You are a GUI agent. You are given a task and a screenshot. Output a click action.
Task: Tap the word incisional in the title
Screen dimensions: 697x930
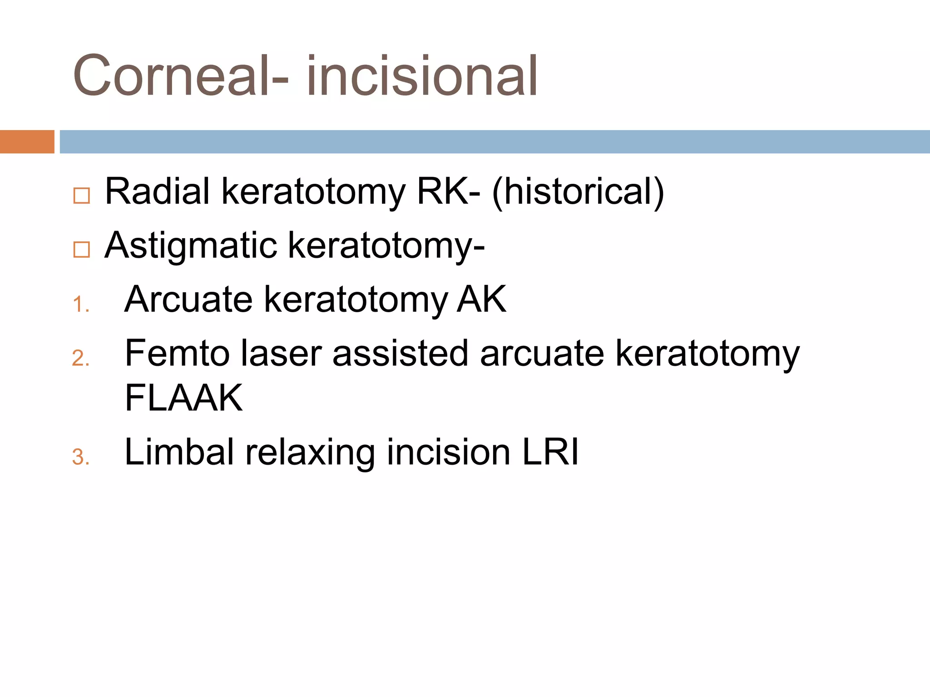422,76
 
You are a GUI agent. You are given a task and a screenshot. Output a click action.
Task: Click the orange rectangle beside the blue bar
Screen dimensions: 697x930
27,142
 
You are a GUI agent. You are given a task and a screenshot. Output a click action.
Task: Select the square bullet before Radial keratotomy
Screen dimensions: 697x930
82,196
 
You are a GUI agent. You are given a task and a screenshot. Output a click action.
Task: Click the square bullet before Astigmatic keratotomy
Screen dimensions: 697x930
82,250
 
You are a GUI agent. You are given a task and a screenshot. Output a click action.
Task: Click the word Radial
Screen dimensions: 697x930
157,191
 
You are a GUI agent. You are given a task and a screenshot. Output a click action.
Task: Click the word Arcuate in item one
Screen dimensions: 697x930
188,299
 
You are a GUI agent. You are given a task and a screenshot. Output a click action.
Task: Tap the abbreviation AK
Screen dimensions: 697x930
481,299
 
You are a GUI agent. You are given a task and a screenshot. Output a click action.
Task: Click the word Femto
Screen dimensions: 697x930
177,353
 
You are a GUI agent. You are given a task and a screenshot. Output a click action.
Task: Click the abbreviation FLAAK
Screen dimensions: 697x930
183,398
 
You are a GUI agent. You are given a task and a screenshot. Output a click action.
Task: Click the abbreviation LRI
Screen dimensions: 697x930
550,452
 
